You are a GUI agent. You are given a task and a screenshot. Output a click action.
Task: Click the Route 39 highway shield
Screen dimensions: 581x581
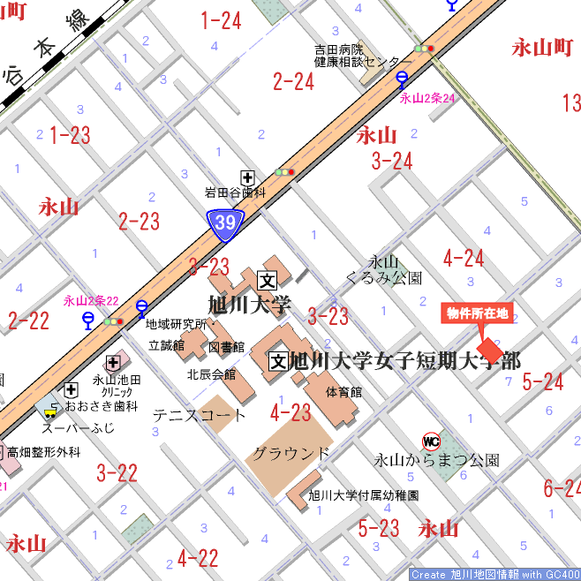pos(225,223)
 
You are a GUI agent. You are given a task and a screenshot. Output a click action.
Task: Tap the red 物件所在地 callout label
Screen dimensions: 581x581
pos(477,313)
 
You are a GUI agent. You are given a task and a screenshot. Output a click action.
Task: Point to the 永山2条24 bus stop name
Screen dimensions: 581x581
pos(427,98)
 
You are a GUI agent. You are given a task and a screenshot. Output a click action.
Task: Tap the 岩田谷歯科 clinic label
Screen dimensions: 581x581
pos(235,192)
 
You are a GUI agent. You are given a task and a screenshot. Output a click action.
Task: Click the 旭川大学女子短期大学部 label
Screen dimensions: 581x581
pos(405,360)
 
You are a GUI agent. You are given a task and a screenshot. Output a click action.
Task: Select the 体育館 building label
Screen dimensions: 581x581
pos(343,391)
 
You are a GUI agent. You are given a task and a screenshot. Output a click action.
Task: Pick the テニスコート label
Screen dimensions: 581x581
pos(200,414)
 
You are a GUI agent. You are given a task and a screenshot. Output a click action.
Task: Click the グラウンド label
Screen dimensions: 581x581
pos(291,454)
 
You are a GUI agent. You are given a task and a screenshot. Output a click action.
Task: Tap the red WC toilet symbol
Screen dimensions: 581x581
pos(432,441)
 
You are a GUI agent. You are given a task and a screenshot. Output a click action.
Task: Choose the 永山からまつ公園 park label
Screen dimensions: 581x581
pos(437,460)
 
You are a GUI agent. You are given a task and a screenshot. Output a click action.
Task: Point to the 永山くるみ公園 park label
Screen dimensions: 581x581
pos(383,270)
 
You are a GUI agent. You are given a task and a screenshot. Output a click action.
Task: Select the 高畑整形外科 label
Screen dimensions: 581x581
pos(44,452)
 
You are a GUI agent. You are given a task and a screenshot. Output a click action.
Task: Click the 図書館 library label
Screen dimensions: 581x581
pos(226,347)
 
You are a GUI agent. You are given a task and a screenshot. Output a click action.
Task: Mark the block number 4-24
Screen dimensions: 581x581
pos(464,259)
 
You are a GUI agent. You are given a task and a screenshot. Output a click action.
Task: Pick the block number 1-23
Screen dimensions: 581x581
pos(70,135)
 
